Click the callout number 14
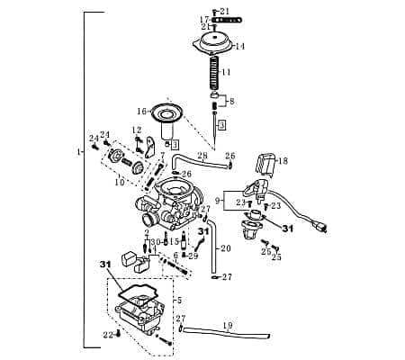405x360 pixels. pyautogui.click(x=240, y=46)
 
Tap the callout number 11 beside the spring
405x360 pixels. pyautogui.click(x=227, y=72)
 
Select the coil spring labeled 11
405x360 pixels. pyautogui.click(x=214, y=71)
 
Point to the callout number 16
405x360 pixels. pyautogui.click(x=141, y=112)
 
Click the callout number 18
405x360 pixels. pyautogui.click(x=283, y=161)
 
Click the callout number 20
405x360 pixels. pyautogui.click(x=226, y=248)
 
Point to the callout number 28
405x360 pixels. pyautogui.click(x=202, y=157)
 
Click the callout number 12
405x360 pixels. pyautogui.click(x=137, y=130)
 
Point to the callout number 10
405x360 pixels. pyautogui.click(x=119, y=182)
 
